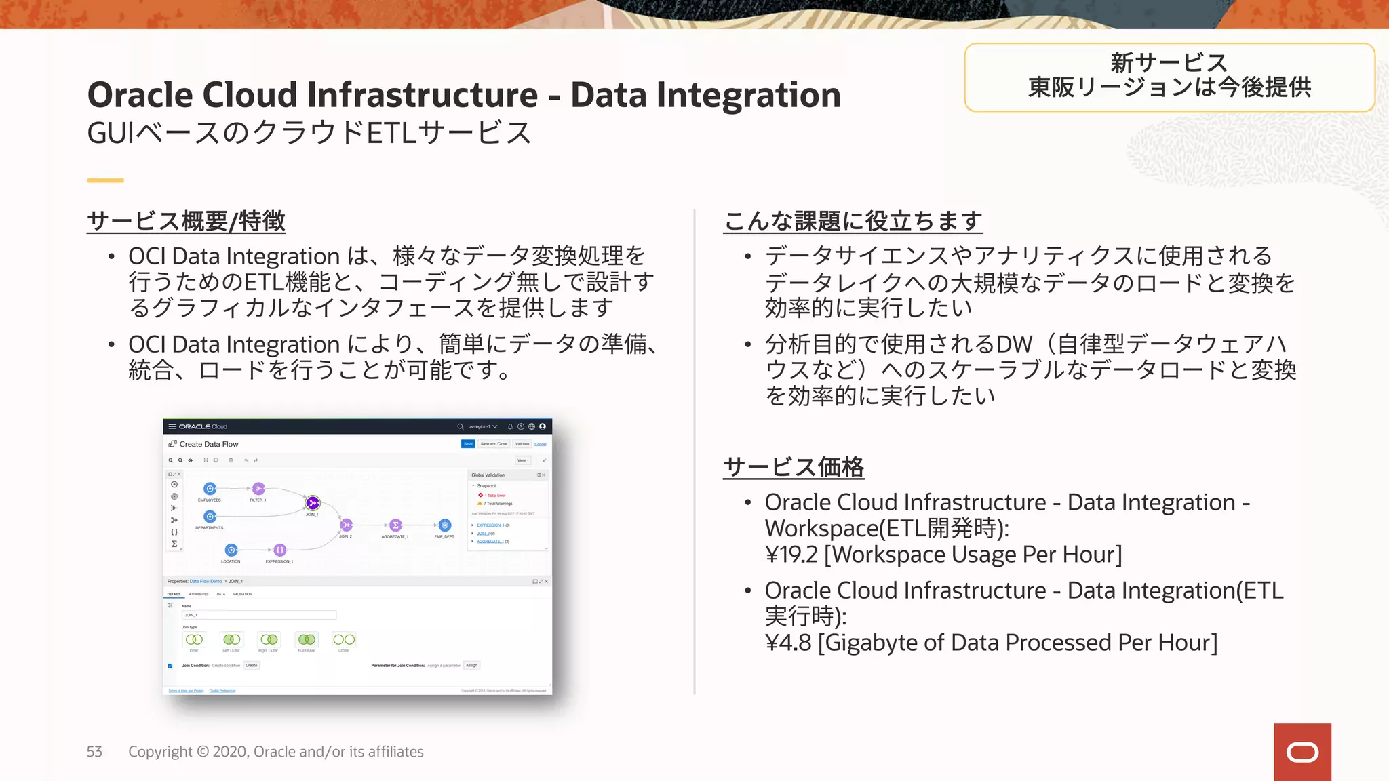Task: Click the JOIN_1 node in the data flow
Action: point(313,503)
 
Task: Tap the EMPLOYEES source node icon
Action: point(210,489)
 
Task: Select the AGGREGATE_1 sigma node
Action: point(395,525)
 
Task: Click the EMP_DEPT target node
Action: point(445,525)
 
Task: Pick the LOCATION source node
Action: point(231,550)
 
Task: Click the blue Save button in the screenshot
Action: point(468,444)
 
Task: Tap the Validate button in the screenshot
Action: point(522,444)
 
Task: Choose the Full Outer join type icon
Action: point(307,639)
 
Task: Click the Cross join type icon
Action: point(344,639)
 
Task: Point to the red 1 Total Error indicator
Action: point(493,496)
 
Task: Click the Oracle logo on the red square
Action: point(1302,752)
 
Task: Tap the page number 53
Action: point(94,752)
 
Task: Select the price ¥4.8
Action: point(788,643)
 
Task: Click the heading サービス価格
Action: point(794,466)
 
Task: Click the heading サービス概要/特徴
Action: point(187,221)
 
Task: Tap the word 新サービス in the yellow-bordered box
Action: point(1169,63)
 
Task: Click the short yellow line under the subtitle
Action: point(105,180)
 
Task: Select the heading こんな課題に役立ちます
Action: point(853,221)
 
